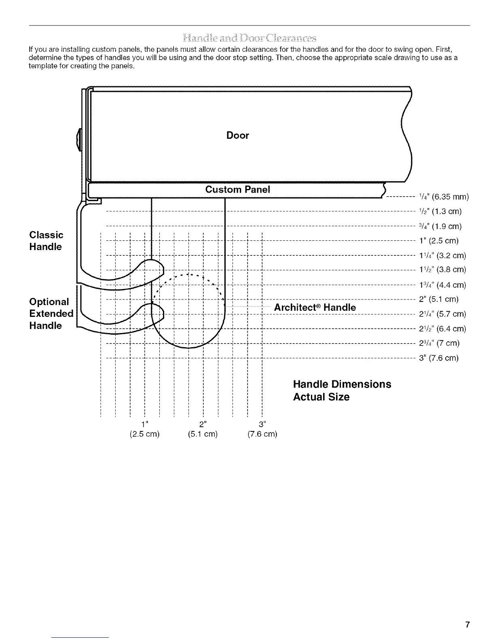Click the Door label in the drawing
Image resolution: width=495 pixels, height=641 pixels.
pos(237,136)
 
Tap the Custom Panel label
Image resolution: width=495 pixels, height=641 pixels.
pos(237,189)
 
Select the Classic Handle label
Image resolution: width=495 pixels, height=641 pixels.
pos(46,241)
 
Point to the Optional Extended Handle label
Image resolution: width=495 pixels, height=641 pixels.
pos(51,314)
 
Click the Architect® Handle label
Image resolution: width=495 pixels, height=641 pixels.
pos(315,308)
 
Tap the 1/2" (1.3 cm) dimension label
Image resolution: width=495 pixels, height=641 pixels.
pos(440,211)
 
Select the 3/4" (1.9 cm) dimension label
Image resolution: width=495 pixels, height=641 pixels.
pos(440,226)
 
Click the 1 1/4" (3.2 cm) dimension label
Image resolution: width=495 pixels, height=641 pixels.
pos(442,256)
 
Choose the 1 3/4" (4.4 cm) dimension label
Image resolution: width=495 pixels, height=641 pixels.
pos(442,285)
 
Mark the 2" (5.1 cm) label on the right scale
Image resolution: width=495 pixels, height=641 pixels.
pos(439,299)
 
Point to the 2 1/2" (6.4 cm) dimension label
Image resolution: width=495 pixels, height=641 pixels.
pos(442,329)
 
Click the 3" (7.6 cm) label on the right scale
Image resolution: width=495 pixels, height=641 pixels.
pos(439,358)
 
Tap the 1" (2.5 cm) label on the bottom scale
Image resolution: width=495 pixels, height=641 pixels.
pos(144,429)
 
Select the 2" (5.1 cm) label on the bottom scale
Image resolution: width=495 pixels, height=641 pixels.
pos(203,429)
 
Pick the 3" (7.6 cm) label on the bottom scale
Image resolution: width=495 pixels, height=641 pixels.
pos(262,429)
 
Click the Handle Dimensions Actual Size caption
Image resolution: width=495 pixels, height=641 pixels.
pos(342,391)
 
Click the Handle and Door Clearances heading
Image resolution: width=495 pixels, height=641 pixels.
pos(249,38)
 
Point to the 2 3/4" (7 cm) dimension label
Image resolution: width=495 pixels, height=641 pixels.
pos(439,344)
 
